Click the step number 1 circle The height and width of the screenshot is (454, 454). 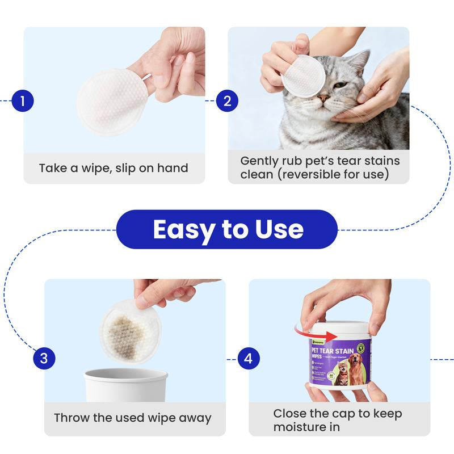(23, 102)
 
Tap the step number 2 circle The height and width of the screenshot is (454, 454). (227, 102)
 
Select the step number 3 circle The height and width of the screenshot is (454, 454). (44, 359)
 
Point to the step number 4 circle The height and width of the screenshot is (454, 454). (248, 359)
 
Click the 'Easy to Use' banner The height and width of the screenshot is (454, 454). (227, 229)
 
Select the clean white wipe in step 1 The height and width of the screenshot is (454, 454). (108, 102)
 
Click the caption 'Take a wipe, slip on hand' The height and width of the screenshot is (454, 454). (113, 168)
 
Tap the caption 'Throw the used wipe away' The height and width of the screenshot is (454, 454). (132, 418)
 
